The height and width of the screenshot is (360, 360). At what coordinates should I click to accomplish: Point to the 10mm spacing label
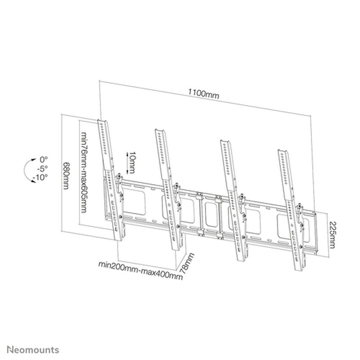point(131,162)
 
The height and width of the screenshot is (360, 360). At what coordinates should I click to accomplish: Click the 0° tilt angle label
point(43,159)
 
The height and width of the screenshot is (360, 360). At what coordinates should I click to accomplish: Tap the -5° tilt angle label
point(42,169)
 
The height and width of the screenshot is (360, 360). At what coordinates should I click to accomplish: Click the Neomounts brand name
point(32,349)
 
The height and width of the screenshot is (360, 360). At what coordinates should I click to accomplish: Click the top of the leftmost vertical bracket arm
point(103,121)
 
